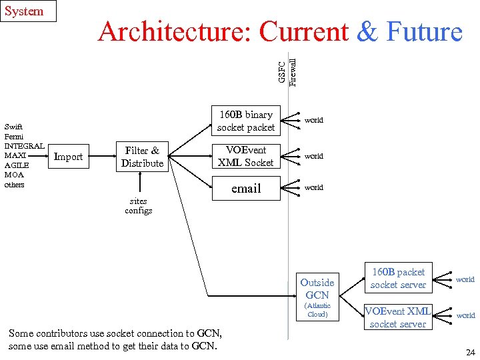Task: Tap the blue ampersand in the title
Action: (367, 32)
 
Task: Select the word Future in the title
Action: (424, 32)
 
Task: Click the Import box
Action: (68, 157)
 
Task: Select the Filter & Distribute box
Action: (142, 157)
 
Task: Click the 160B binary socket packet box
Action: (246, 121)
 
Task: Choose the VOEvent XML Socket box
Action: (246, 157)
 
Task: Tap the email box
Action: (246, 189)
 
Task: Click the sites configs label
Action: (139, 205)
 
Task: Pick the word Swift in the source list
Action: (14, 126)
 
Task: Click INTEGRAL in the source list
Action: (24, 145)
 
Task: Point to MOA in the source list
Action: (14, 175)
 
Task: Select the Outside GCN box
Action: (317, 288)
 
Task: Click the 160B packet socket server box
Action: (398, 278)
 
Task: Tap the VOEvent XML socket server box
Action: (398, 317)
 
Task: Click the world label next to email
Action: (314, 187)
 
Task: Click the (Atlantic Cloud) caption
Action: (317, 310)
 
